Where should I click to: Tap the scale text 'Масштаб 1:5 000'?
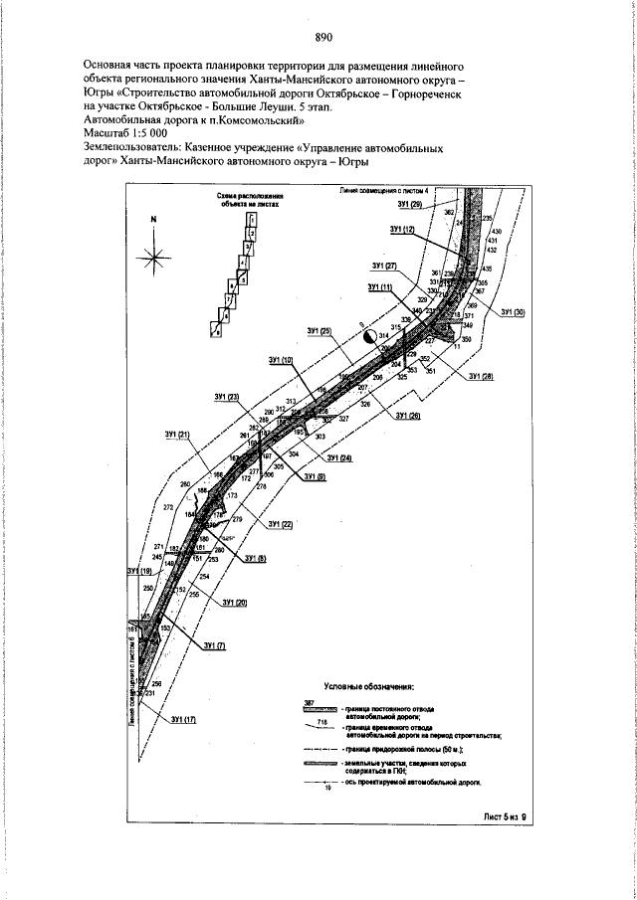(x=124, y=133)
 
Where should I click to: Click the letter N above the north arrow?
(x=154, y=219)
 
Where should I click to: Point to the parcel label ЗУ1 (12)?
(x=402, y=230)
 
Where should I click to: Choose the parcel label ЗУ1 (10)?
(x=282, y=359)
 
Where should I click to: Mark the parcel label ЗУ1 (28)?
(x=481, y=376)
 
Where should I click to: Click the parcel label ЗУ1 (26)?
(x=408, y=415)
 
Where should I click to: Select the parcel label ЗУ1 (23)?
(x=227, y=398)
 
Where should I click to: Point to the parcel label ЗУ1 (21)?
(x=177, y=435)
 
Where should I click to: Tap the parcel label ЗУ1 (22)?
(x=282, y=523)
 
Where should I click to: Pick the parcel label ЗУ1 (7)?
(x=214, y=646)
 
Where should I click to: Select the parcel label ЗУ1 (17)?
(x=183, y=718)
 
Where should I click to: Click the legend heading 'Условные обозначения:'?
(x=369, y=686)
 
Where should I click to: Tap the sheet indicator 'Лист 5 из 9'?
(x=497, y=816)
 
